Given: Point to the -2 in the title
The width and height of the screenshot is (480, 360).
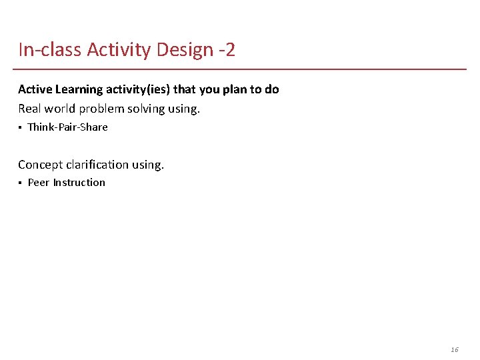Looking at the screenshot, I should pyautogui.click(x=226, y=50).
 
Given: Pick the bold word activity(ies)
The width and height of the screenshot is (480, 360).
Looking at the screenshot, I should pyautogui.click(x=138, y=89).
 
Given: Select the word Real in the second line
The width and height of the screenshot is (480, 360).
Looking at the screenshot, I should pyautogui.click(x=29, y=109).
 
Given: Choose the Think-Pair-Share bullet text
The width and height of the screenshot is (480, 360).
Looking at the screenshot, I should pyautogui.click(x=67, y=127).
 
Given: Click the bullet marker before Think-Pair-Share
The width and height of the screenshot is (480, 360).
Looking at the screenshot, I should pyautogui.click(x=20, y=127).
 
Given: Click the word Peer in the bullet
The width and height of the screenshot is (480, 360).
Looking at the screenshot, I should pyautogui.click(x=39, y=183).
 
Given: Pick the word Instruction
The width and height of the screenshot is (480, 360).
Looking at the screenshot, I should pyautogui.click(x=79, y=183).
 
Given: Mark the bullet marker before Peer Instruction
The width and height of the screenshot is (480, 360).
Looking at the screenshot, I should pyautogui.click(x=20, y=183).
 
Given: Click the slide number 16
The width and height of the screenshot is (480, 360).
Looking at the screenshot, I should pyautogui.click(x=455, y=349).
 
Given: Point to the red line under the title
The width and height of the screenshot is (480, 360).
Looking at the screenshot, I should pyautogui.click(x=240, y=69).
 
